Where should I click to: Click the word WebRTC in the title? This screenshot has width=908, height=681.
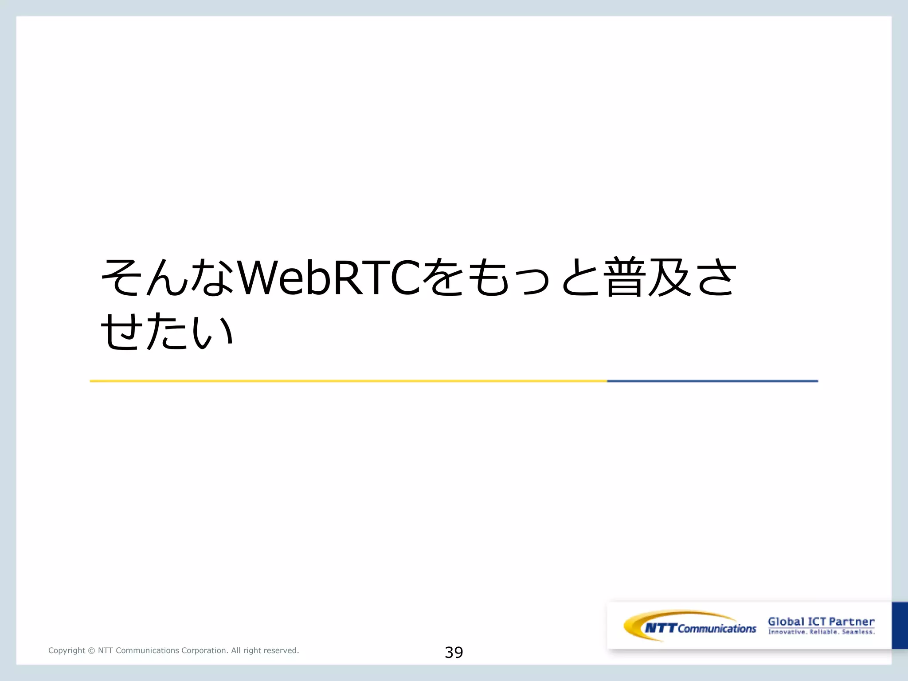point(329,278)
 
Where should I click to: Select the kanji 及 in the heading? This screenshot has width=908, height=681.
point(669,277)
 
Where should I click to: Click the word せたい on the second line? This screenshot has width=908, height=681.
point(167,331)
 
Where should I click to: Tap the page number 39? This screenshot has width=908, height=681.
point(454,652)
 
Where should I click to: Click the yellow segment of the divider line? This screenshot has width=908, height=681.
point(348,381)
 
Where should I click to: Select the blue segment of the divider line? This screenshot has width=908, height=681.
point(712,381)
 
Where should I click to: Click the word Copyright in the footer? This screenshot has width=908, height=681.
point(67,650)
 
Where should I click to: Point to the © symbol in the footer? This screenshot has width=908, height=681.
point(91,651)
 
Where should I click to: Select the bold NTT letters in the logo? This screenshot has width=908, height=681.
point(661,628)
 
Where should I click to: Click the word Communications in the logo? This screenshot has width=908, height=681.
point(716,629)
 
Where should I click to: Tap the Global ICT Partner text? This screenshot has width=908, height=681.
point(821,622)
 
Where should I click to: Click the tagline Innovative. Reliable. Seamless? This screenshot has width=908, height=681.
point(821,632)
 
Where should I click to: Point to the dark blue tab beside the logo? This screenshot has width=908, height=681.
point(900,625)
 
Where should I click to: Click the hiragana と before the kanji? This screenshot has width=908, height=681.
point(579,278)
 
